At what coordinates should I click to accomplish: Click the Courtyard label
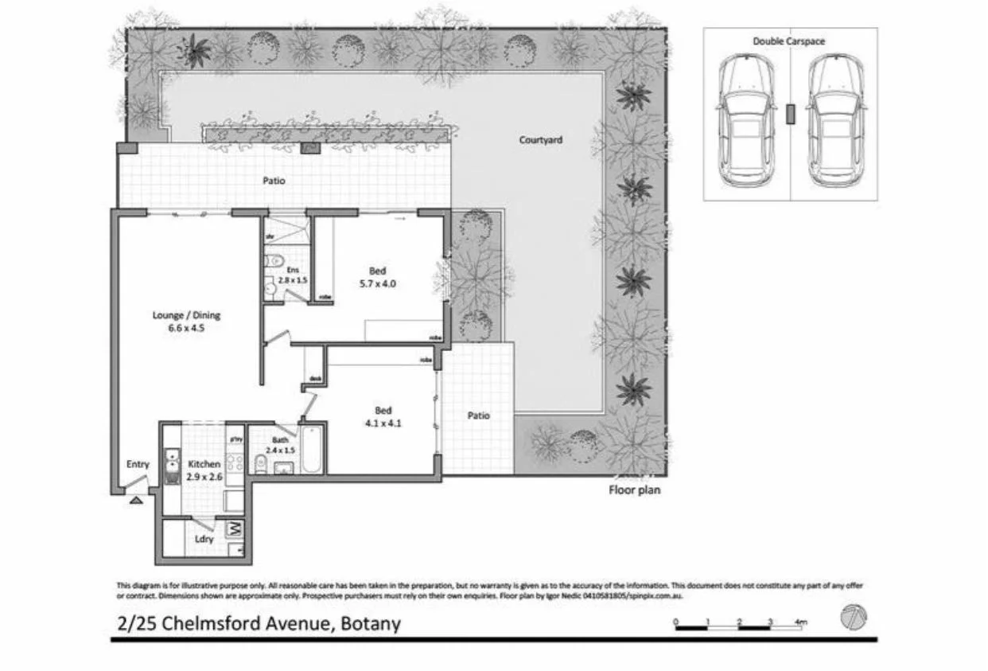[x=540, y=140]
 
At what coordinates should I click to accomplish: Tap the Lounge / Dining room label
[x=186, y=315]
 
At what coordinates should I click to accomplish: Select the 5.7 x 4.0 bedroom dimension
[x=377, y=283]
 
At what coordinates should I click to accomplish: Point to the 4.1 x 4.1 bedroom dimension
[x=383, y=423]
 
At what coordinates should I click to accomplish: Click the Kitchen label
[x=204, y=464]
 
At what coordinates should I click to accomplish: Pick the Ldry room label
[x=204, y=539]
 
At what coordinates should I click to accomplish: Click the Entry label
[x=138, y=465]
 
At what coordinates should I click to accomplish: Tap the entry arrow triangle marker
[x=136, y=501]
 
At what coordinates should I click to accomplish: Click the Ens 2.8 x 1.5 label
[x=293, y=275]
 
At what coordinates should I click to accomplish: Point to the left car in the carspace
[x=745, y=122]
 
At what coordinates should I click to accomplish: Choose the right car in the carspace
[x=835, y=122]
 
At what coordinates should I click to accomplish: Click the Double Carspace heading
[x=789, y=41]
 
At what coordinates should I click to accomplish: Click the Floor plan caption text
[x=634, y=490]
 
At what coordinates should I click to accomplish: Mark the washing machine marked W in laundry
[x=235, y=528]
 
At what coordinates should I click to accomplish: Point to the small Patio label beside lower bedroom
[x=478, y=415]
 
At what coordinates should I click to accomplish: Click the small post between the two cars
[x=790, y=114]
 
